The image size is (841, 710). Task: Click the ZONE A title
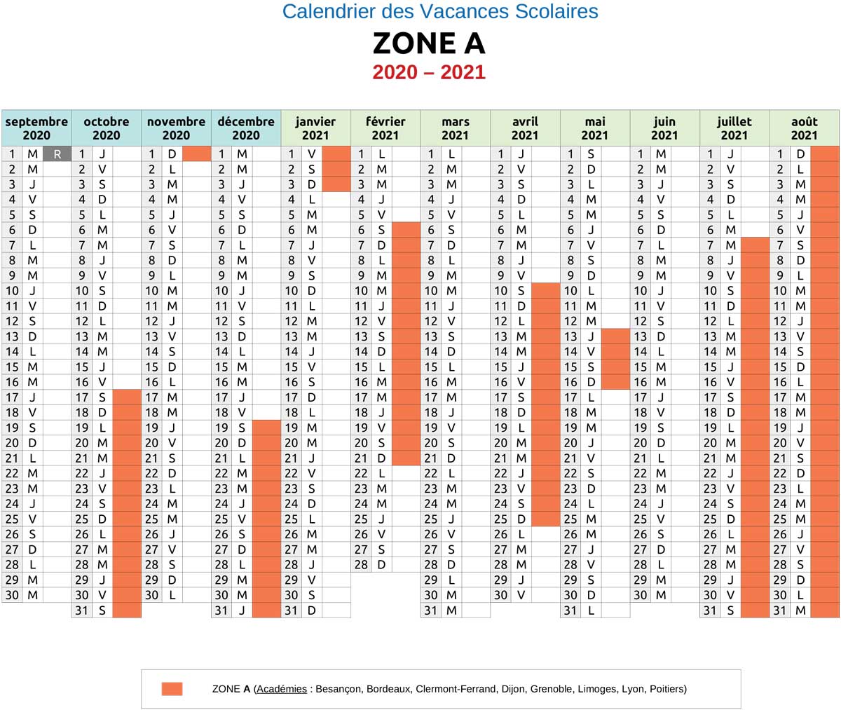point(428,43)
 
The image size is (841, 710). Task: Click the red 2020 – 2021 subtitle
point(428,72)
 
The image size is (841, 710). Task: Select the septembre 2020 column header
point(36,128)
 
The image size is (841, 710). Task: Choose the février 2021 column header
point(385,128)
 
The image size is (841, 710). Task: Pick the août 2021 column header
point(804,128)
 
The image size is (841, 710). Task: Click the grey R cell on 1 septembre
point(57,153)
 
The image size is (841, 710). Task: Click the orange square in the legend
point(172,689)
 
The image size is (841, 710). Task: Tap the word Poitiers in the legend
point(667,689)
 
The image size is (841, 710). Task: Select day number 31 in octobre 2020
point(82,610)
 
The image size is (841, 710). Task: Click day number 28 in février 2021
point(361,564)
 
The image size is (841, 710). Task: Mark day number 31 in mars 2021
point(431,610)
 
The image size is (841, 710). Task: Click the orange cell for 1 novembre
point(196,153)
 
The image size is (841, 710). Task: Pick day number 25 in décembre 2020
point(221,519)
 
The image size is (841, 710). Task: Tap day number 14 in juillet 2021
point(711,351)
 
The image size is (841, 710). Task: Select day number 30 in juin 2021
point(641,595)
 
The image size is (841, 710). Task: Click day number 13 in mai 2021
point(570,336)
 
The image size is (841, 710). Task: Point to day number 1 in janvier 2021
point(292,153)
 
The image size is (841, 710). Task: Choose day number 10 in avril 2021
point(500,291)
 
